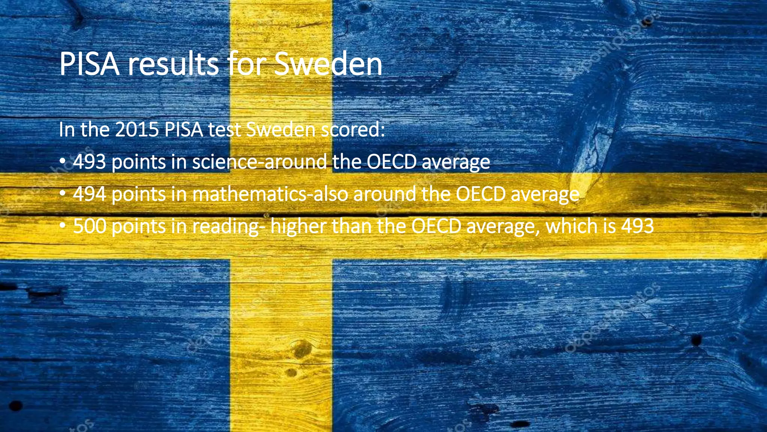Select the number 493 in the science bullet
coord(90,162)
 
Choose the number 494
coord(90,194)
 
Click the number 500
coord(90,226)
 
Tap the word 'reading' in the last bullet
coord(225,226)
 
